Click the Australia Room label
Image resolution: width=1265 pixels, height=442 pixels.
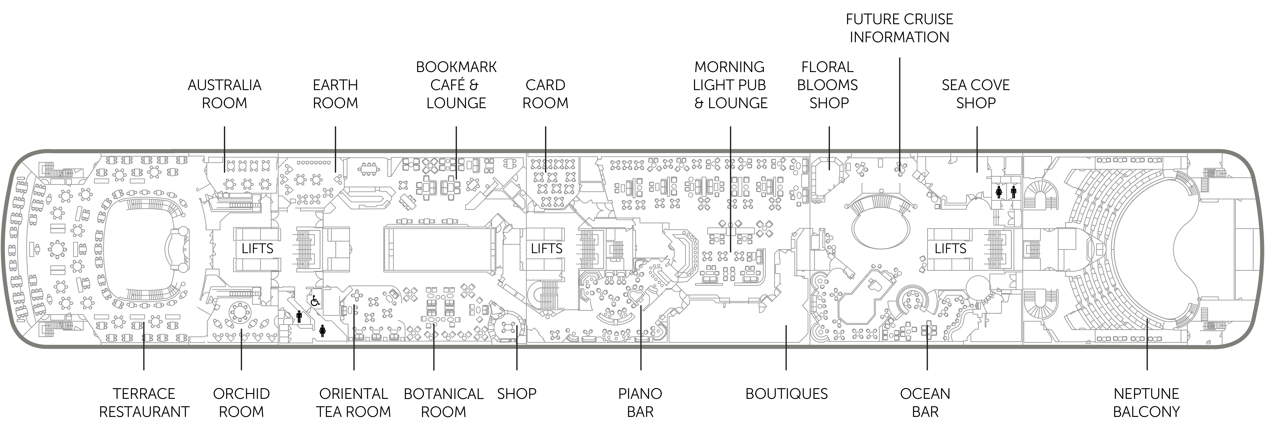[224, 94]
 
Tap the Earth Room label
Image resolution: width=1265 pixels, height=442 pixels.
[335, 94]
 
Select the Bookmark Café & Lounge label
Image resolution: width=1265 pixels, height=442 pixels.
[456, 85]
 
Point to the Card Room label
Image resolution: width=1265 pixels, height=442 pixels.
[545, 94]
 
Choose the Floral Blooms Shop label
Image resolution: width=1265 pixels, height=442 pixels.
[828, 85]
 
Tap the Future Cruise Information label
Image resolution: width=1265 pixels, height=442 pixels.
[899, 28]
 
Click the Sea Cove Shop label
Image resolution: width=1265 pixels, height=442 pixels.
[976, 94]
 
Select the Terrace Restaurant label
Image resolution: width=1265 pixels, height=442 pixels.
[144, 402]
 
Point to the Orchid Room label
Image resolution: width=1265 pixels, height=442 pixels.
[241, 402]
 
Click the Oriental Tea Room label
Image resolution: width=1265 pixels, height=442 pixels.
[354, 402]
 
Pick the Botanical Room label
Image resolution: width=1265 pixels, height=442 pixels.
[443, 402]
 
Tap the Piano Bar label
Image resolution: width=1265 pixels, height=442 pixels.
[640, 402]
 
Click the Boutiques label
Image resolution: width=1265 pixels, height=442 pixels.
[786, 393]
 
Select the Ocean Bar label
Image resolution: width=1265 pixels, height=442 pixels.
[925, 402]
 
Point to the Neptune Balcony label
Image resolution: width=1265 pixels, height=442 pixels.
[1146, 402]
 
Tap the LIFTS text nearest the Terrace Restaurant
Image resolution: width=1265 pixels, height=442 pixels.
[257, 249]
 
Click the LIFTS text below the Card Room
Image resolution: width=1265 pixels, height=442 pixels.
[546, 249]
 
